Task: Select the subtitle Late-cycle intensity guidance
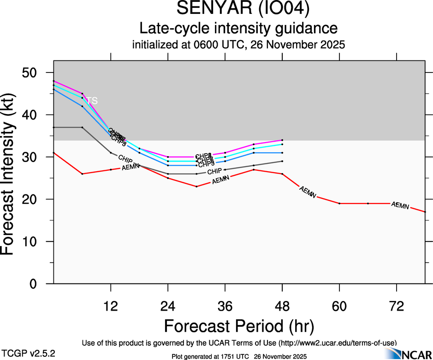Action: [238, 29]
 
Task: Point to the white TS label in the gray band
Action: [93, 101]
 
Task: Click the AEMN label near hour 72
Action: [400, 205]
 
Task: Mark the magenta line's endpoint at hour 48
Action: [282, 140]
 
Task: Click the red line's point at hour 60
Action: [339, 204]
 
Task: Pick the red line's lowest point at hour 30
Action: [196, 186]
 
